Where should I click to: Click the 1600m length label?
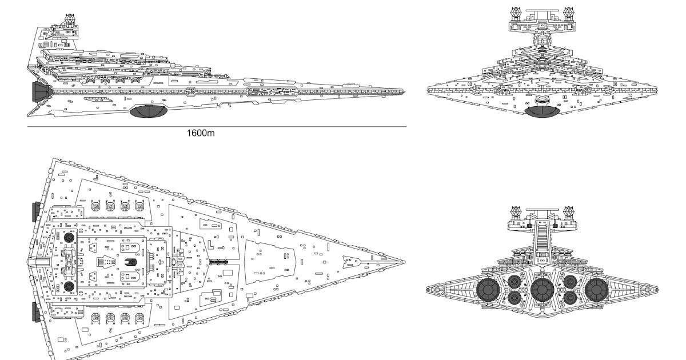[201, 134]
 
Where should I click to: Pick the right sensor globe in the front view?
[569, 11]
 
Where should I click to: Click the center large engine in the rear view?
[542, 290]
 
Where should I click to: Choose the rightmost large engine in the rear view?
[596, 290]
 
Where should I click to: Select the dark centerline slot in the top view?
[219, 262]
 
